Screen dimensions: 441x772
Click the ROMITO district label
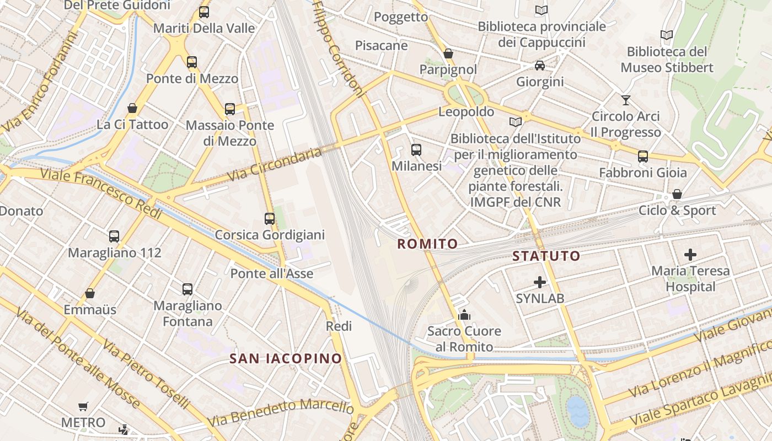tap(427, 244)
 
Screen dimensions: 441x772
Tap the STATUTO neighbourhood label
tap(546, 256)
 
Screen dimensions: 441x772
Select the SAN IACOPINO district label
tap(286, 358)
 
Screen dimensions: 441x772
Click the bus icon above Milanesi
tap(416, 149)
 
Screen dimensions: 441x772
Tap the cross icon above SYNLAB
tap(540, 282)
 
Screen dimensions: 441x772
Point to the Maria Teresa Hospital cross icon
tap(690, 254)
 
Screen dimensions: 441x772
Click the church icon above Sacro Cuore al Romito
tap(464, 315)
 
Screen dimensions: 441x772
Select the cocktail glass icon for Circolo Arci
tap(625, 100)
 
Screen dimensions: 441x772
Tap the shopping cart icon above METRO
tap(83, 406)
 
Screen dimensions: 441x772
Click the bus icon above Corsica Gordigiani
tap(270, 218)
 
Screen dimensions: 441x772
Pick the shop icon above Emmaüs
tap(90, 293)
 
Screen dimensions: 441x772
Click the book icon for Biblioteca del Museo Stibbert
tap(667, 35)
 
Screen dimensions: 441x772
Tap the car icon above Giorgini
tap(540, 66)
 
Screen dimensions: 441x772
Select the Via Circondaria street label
tap(274, 163)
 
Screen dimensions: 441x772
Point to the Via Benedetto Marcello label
tap(280, 412)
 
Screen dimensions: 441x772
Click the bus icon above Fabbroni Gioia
tap(643, 156)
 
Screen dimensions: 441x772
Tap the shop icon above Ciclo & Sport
tap(677, 194)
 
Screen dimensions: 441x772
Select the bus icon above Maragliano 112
tap(114, 236)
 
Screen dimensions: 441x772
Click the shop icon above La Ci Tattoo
tap(132, 108)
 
